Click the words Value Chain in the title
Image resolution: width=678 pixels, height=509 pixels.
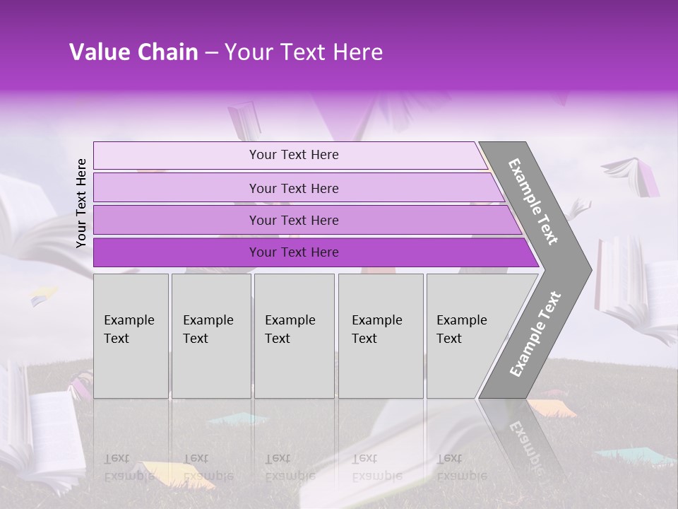click(133, 52)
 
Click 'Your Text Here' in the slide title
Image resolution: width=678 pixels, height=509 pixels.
click(304, 52)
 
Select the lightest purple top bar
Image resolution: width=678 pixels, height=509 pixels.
click(290, 155)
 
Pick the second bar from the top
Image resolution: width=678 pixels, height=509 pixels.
click(294, 188)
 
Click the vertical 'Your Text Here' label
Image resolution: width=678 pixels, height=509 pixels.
click(81, 203)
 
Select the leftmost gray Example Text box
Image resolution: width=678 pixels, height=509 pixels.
click(131, 335)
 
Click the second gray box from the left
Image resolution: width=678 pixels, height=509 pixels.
click(210, 335)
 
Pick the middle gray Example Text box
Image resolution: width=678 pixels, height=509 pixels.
click(294, 335)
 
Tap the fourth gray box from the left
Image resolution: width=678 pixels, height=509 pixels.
click(381, 335)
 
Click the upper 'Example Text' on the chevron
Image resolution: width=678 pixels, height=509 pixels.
click(533, 201)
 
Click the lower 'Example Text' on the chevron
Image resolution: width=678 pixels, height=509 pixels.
click(535, 334)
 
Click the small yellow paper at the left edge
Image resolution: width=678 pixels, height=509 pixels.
click(44, 296)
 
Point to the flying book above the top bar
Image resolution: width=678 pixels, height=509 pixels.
click(244, 119)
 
